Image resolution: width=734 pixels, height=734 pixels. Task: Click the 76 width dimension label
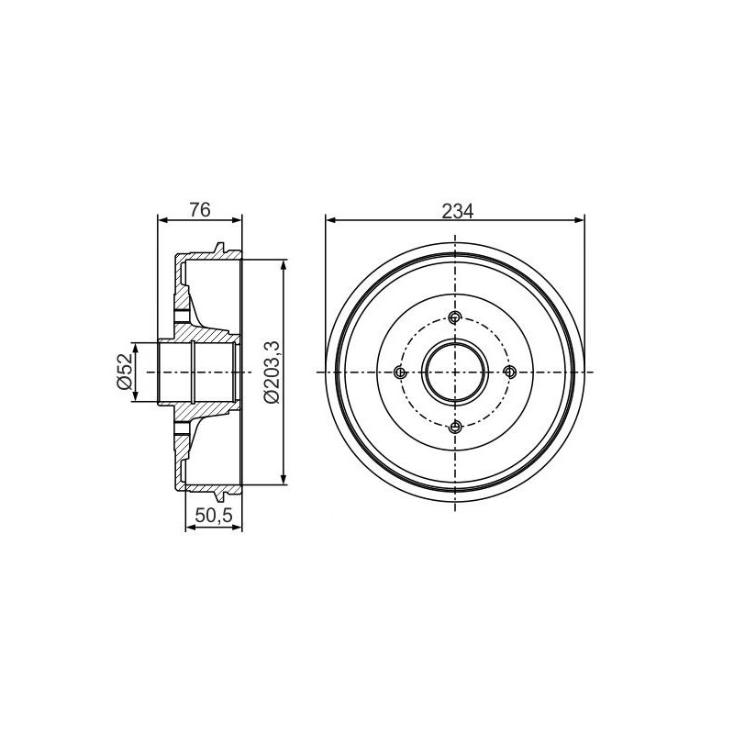click(x=200, y=210)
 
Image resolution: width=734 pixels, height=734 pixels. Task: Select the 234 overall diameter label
click(x=457, y=212)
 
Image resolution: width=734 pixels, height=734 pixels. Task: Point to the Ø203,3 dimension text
click(x=271, y=372)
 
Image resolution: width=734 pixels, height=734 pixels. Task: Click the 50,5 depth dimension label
click(x=214, y=516)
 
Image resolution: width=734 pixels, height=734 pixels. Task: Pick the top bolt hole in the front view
click(x=455, y=317)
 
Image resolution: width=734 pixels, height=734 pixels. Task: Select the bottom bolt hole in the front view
click(x=455, y=427)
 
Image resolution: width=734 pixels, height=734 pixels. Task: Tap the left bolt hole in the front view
click(x=400, y=373)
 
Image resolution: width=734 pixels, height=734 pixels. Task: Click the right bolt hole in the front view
click(x=510, y=373)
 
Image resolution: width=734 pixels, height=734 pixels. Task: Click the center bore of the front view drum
click(x=455, y=373)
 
